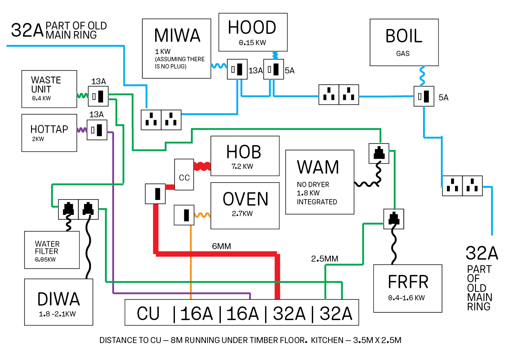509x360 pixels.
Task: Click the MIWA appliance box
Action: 176,48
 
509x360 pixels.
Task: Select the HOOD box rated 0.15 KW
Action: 253,32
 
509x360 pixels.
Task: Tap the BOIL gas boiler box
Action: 404,42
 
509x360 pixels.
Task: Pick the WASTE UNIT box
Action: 49,89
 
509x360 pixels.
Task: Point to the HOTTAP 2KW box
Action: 49,133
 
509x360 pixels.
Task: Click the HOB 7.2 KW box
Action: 245,156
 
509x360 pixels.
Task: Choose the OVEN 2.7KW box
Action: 245,206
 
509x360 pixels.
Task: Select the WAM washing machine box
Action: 319,182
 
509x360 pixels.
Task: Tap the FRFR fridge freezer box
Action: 407,288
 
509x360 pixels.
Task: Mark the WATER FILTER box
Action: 52,250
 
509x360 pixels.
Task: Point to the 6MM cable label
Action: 222,246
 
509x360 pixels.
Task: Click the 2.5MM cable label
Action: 324,258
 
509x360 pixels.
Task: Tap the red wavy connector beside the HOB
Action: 202,166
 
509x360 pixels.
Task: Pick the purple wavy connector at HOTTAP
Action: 82,130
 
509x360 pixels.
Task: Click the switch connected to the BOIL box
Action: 424,96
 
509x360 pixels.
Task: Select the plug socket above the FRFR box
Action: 393,218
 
